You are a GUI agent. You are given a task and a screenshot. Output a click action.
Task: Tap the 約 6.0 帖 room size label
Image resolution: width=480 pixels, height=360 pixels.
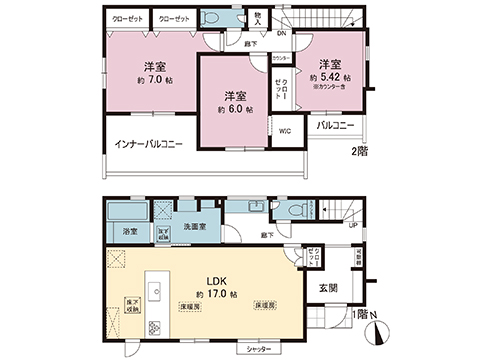click(236, 108)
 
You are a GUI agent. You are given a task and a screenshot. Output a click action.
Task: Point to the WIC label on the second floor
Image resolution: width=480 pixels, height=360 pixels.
click(285, 132)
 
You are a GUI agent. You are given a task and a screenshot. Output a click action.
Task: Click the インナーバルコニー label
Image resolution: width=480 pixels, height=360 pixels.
click(147, 145)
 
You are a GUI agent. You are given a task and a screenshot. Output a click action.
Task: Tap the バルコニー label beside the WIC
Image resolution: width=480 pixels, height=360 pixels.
click(337, 126)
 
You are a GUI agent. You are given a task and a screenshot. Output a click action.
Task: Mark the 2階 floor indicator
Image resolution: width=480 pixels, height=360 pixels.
click(359, 151)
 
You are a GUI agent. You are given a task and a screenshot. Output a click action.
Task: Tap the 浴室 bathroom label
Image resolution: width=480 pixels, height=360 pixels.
click(130, 232)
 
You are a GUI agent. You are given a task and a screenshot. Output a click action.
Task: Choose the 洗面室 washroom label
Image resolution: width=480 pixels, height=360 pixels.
click(194, 228)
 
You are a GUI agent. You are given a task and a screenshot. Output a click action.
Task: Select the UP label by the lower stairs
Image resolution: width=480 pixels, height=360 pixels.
click(352, 226)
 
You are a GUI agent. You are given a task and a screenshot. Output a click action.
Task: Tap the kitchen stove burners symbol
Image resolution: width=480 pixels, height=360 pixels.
click(155, 327)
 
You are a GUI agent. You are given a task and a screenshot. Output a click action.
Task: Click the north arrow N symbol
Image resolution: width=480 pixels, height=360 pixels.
click(372, 317)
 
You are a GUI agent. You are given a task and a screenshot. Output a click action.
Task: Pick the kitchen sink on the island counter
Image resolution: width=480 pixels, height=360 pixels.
click(155, 290)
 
